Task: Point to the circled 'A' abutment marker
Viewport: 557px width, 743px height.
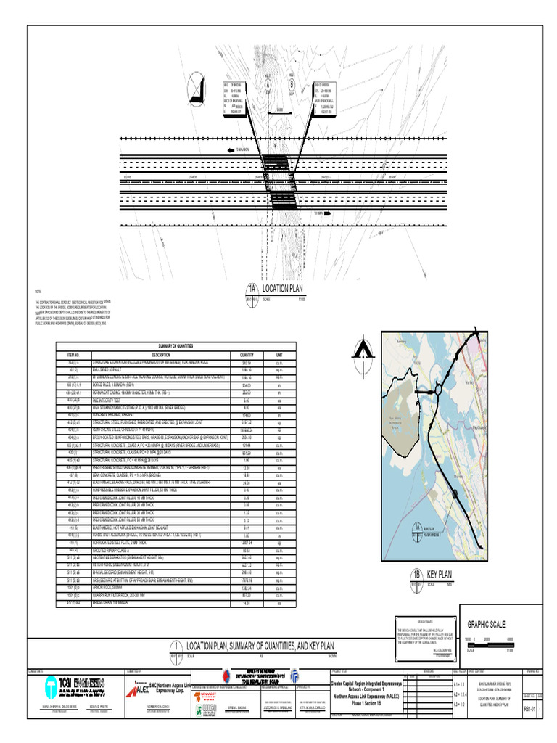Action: (x=268, y=84)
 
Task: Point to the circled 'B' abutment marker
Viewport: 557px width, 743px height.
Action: (x=292, y=83)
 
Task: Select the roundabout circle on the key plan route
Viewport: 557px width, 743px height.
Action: (x=437, y=392)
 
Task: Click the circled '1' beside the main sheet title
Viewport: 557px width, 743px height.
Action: (x=176, y=648)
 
